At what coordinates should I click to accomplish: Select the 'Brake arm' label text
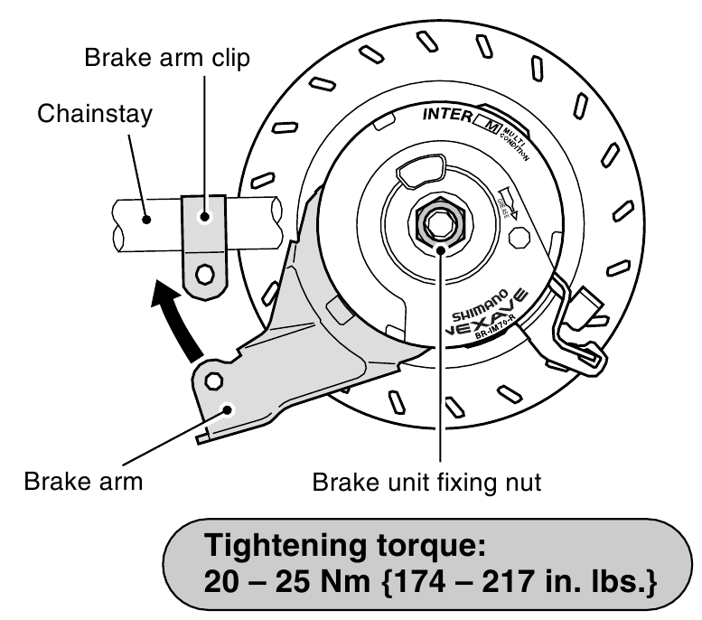click(x=84, y=481)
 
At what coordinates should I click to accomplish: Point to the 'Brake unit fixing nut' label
click(x=426, y=481)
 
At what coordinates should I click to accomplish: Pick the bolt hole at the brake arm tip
click(x=215, y=380)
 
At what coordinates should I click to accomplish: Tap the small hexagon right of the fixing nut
click(x=520, y=239)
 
